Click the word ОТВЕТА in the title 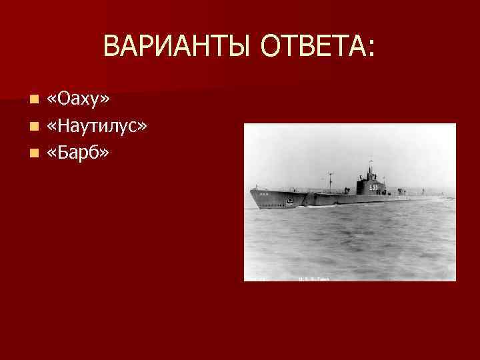tap(313, 47)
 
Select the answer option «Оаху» tap(79, 99)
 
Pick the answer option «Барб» tap(79, 153)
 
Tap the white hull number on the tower tap(373, 187)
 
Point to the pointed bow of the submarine tap(251, 191)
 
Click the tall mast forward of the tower tap(330, 180)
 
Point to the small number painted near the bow tap(263, 195)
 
